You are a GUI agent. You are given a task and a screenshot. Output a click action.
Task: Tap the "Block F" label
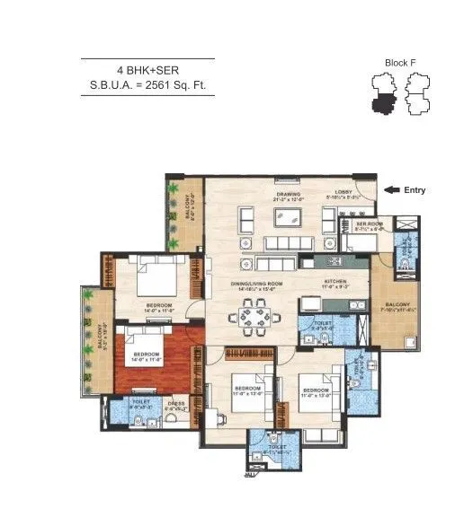(x=400, y=64)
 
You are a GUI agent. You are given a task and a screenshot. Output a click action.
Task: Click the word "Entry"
(x=415, y=190)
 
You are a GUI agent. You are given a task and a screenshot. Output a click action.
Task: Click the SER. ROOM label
(x=369, y=224)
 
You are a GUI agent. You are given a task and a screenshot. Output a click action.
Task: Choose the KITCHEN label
(x=335, y=282)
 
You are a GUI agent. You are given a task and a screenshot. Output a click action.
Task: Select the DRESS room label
(x=177, y=404)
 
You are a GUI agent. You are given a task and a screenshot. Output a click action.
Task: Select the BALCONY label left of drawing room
(x=189, y=206)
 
